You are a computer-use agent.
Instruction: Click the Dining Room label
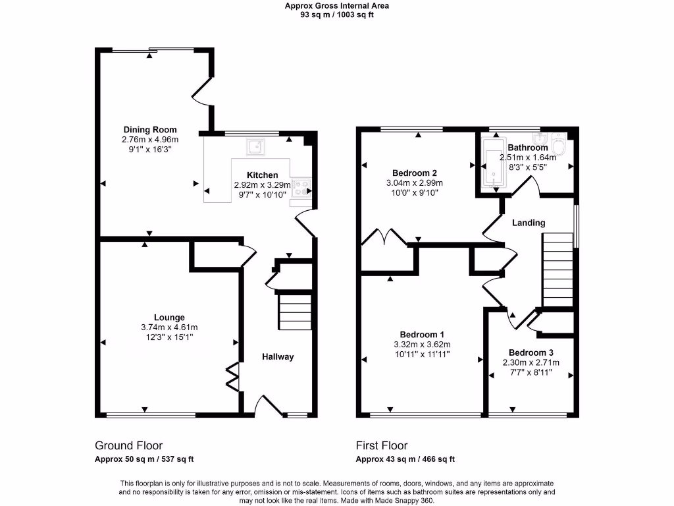coord(150,130)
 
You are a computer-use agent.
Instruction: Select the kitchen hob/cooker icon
coord(300,187)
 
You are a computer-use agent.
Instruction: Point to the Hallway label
coord(278,357)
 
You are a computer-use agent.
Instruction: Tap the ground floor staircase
coord(295,312)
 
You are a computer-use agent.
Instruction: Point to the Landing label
coord(529,223)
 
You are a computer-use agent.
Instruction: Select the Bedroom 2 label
coord(414,173)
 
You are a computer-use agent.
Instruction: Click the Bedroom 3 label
coord(531,352)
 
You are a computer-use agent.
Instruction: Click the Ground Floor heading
coord(128,446)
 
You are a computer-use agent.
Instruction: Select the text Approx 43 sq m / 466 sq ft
coord(405,460)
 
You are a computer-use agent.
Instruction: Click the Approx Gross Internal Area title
coord(337,6)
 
